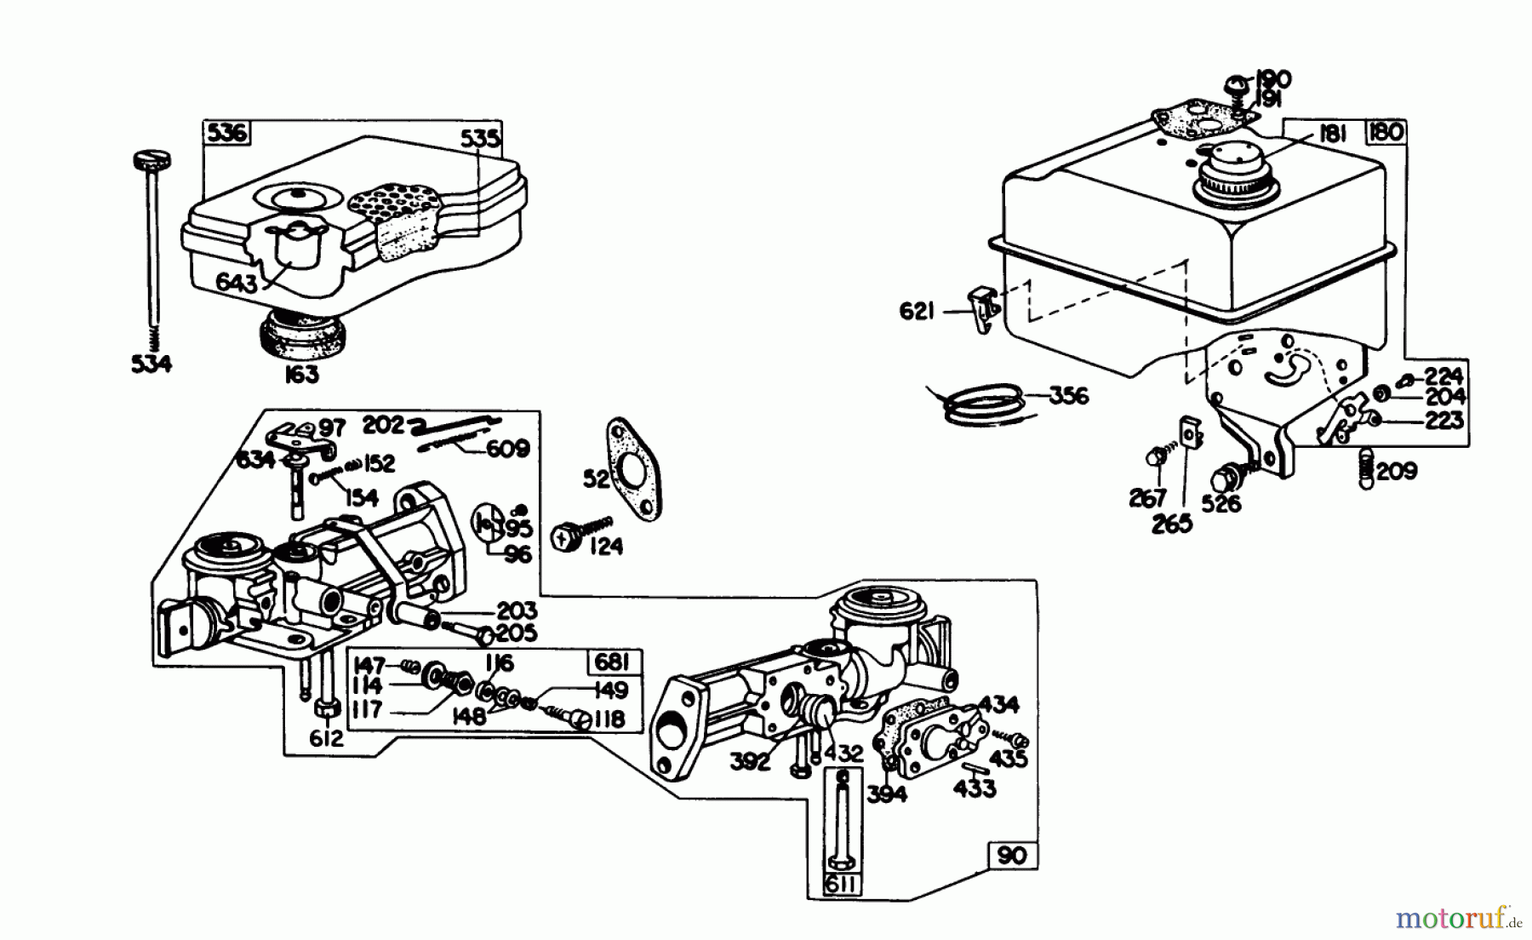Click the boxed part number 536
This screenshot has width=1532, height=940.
pyautogui.click(x=226, y=132)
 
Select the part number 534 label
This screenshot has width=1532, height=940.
pyautogui.click(x=151, y=364)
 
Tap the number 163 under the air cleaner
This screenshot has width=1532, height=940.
pyautogui.click(x=301, y=374)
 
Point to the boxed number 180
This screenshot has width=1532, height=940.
pyautogui.click(x=1386, y=132)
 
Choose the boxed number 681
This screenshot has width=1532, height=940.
pyautogui.click(x=612, y=662)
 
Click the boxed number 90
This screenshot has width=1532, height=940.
pyautogui.click(x=1013, y=855)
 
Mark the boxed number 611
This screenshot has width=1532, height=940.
pyautogui.click(x=841, y=886)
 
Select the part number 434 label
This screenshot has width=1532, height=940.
pyautogui.click(x=998, y=705)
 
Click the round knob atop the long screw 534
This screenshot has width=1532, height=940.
pyautogui.click(x=152, y=159)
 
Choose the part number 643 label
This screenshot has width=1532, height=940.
pyautogui.click(x=236, y=283)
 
